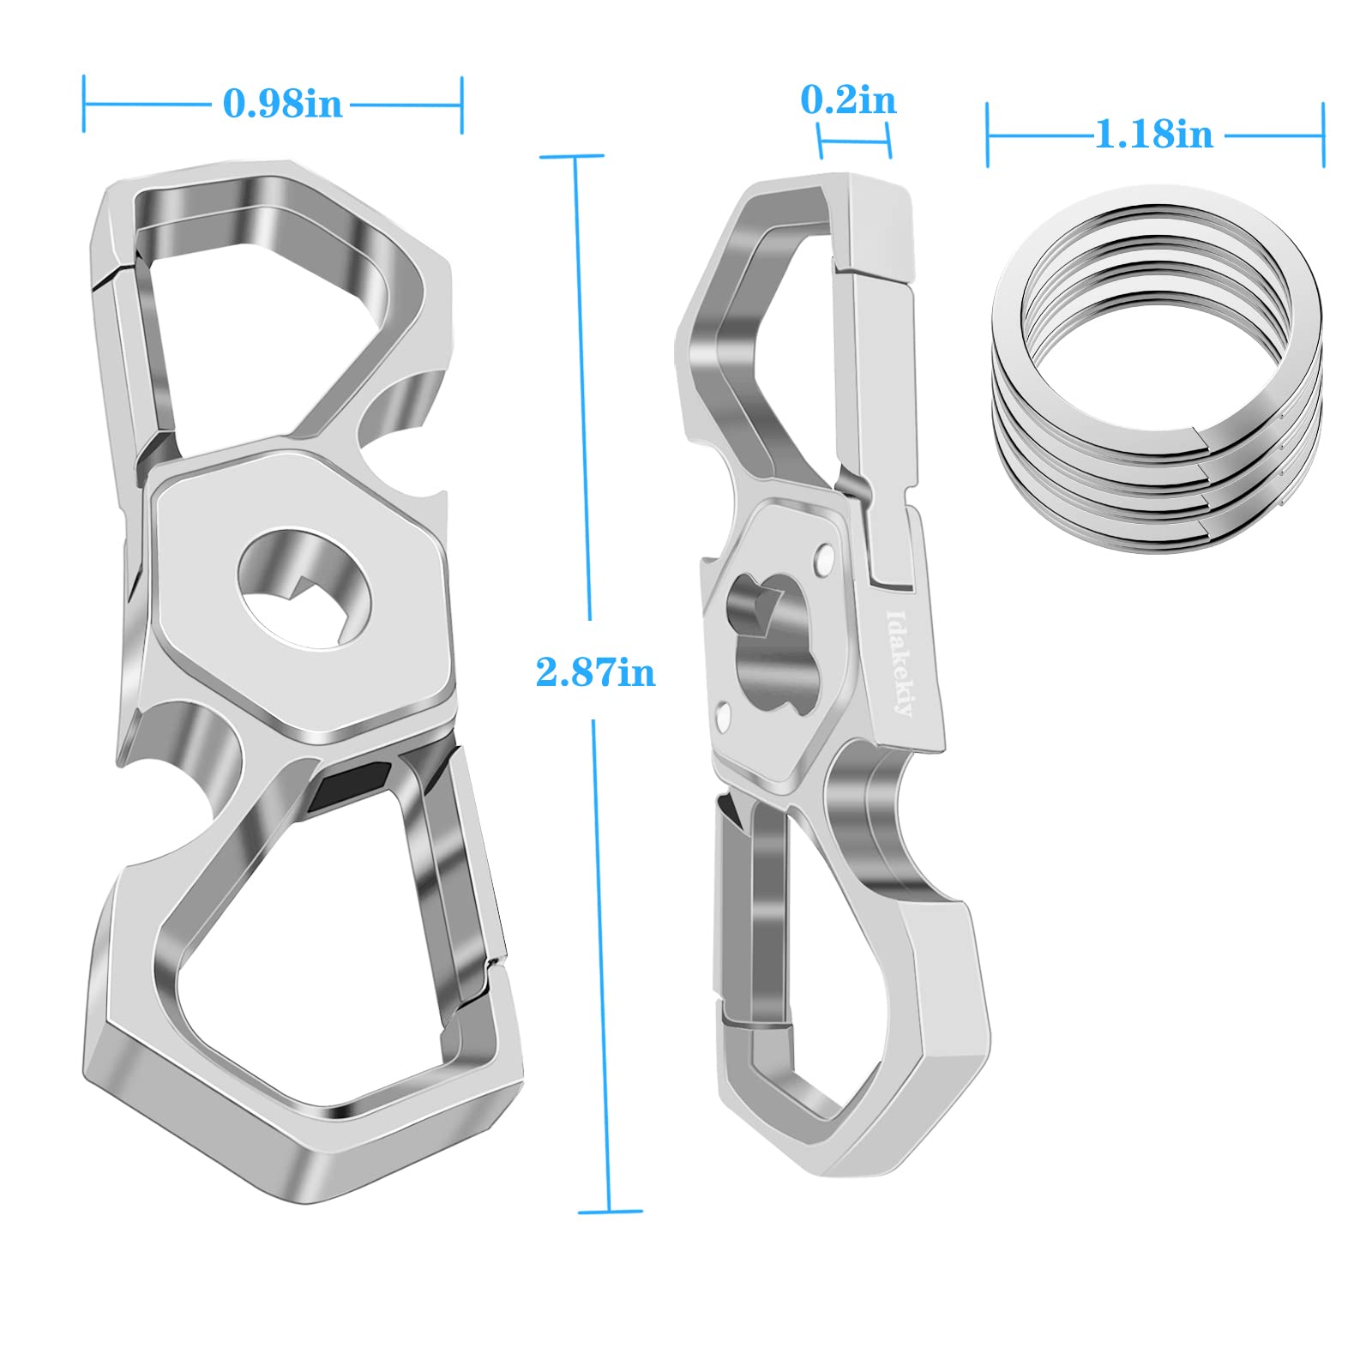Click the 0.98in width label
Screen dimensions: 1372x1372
282,105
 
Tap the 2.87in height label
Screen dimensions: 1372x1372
595,671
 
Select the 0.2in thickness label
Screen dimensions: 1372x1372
848,100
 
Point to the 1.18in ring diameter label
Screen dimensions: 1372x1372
1154,135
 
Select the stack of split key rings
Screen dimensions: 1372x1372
1158,369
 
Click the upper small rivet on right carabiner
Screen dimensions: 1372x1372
824,558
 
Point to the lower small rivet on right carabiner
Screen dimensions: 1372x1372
725,712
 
